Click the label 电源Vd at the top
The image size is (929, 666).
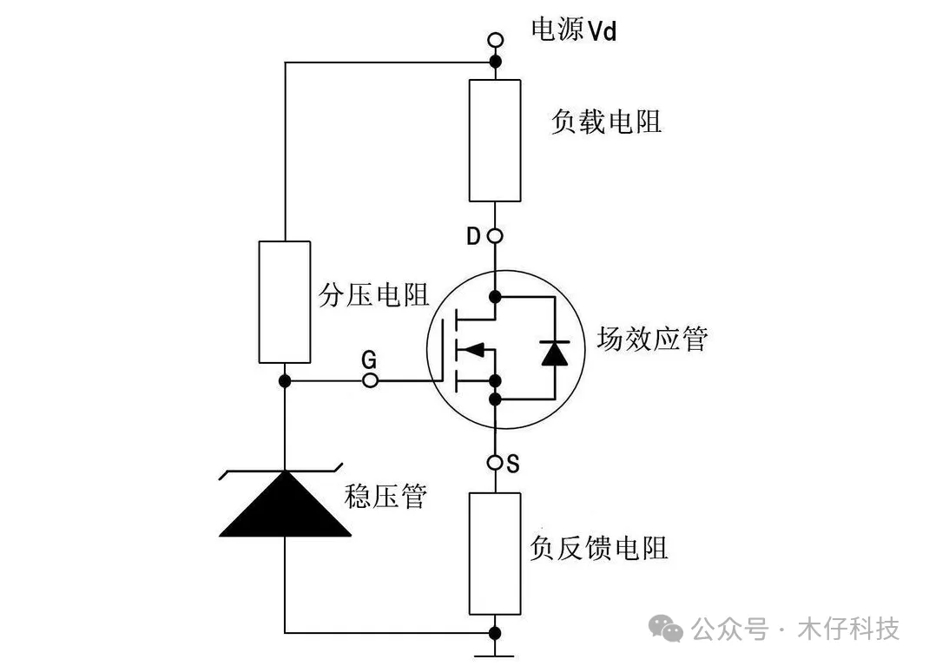coord(574,30)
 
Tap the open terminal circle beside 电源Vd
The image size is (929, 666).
coord(495,40)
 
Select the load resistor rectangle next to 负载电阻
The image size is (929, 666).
coord(495,141)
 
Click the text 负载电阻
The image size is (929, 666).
coord(606,122)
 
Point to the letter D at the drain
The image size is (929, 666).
coord(473,236)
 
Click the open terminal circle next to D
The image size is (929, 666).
coord(495,236)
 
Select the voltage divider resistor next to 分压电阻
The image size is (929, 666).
coord(285,301)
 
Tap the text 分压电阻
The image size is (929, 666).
coord(374,294)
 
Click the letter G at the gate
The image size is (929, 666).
coord(368,359)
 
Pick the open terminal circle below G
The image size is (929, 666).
coord(370,379)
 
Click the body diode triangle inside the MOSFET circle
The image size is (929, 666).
coord(555,353)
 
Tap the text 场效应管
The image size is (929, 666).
coord(652,339)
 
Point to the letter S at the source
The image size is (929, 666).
coord(513,464)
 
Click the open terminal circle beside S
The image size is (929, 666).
coord(495,462)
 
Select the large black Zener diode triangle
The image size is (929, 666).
coord(285,504)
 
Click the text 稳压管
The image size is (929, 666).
coord(385,496)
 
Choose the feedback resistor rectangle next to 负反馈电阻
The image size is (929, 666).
coord(495,553)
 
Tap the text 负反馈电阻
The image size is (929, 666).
coord(599,548)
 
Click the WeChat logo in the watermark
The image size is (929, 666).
coord(666,628)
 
